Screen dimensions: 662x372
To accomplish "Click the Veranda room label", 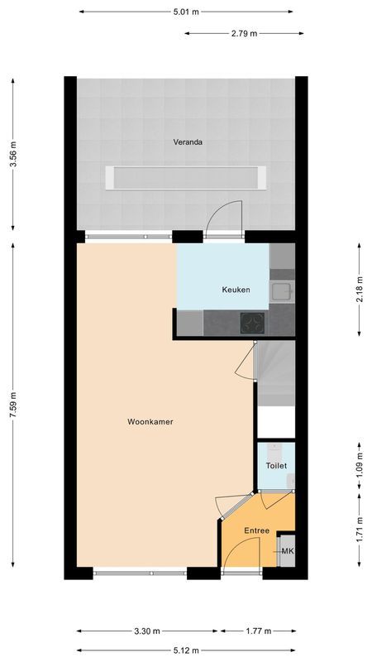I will click(188, 142).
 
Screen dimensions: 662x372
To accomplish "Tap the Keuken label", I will click(236, 290).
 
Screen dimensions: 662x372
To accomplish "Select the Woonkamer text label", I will click(150, 421).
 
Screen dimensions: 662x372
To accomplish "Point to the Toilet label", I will click(275, 466).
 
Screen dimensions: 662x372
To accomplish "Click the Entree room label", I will click(256, 530).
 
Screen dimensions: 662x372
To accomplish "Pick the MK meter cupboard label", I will click(287, 551).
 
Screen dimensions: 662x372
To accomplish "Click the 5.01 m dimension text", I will click(187, 12).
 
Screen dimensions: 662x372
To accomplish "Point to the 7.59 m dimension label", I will click(12, 405).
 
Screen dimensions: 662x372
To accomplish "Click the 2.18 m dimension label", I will click(359, 290).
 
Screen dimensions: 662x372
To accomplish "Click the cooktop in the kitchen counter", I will click(250, 323).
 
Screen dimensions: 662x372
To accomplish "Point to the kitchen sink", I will click(280, 290).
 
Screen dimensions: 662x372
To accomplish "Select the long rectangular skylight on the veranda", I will click(186, 177).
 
